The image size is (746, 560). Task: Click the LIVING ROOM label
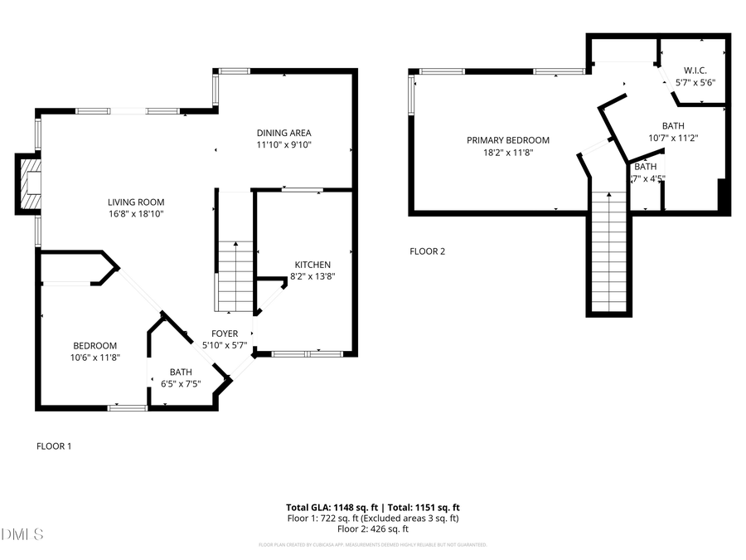[x=136, y=202]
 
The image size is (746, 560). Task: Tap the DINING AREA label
[x=283, y=133]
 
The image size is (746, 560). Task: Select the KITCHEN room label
[x=312, y=265]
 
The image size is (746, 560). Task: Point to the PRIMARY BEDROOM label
[x=507, y=140]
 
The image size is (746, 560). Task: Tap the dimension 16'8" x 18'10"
[x=136, y=213]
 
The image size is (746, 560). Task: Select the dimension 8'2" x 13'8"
[x=312, y=276]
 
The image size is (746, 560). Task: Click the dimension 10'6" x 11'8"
[x=95, y=358]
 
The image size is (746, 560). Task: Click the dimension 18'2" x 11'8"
[x=507, y=152]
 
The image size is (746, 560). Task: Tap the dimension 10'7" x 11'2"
[x=673, y=138]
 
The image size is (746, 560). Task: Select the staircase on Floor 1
[x=235, y=277]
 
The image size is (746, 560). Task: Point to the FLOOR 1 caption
[x=54, y=446]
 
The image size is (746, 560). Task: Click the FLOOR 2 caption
[x=428, y=251]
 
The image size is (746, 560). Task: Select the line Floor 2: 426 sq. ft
[x=372, y=528]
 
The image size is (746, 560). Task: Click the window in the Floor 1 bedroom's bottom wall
[x=128, y=407]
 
